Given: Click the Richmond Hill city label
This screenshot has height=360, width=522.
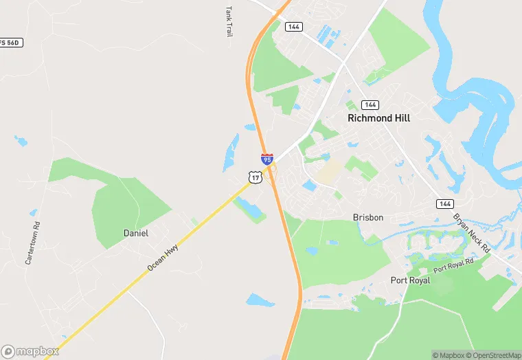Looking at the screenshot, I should [x=378, y=118].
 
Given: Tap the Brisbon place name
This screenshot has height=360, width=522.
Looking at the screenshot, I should [x=367, y=217].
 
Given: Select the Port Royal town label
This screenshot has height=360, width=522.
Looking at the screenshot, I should [x=410, y=280].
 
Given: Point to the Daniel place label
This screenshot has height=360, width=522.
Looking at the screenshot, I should [x=135, y=233].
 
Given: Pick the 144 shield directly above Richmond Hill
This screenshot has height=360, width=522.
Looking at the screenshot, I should [x=370, y=104].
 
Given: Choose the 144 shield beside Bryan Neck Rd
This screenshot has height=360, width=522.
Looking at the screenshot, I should [x=444, y=203].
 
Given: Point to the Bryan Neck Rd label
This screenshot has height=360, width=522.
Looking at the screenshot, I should [x=471, y=232].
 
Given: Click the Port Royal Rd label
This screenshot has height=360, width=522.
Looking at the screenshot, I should [x=453, y=265].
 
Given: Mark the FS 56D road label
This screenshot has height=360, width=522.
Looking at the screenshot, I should [x=12, y=43].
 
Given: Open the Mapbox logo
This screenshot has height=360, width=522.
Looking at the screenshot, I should [x=30, y=351].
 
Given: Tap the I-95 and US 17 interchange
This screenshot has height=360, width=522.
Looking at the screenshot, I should [x=272, y=169].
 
